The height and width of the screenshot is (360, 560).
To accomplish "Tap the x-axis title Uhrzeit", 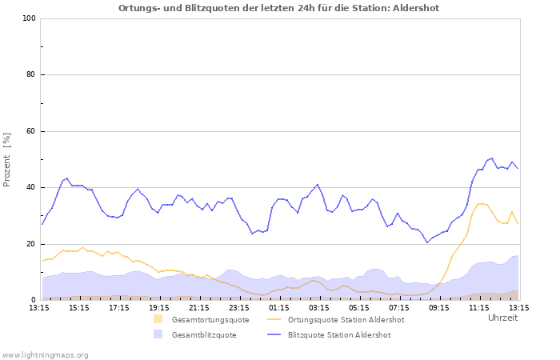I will click(x=502, y=318).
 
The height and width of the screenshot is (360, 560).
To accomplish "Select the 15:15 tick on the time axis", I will click(x=78, y=307).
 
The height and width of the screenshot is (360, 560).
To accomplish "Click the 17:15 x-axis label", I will click(x=118, y=307).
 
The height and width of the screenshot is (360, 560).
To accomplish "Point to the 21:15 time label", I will click(x=198, y=307).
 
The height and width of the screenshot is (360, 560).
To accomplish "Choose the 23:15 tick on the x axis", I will click(x=238, y=307).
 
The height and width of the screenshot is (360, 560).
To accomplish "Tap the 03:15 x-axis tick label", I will click(x=318, y=307).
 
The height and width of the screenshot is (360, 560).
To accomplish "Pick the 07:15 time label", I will click(x=398, y=307).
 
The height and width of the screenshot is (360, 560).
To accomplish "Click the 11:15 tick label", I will click(x=478, y=307).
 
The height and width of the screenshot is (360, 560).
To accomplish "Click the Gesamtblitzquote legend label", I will click(x=203, y=335).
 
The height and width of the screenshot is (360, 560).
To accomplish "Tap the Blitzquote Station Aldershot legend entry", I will click(x=338, y=335).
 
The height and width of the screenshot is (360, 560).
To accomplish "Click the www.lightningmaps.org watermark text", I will click(x=45, y=354).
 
